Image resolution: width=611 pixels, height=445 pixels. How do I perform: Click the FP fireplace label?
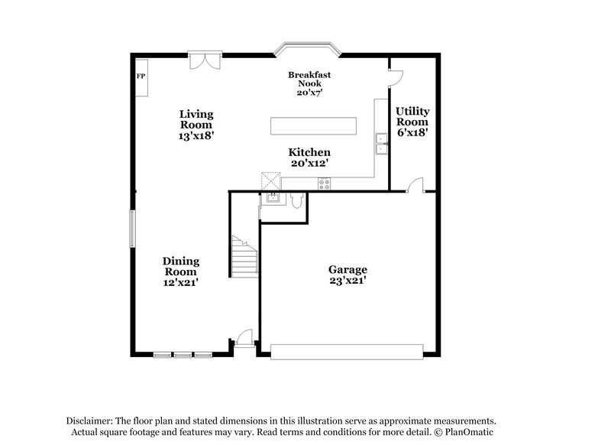[141, 76]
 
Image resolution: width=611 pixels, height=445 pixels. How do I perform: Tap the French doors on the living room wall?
[205, 60]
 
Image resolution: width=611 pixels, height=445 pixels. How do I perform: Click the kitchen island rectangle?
[313, 125]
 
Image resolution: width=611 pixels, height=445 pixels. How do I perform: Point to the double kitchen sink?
[381, 143]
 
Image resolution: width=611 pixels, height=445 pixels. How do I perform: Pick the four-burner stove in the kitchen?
[324, 183]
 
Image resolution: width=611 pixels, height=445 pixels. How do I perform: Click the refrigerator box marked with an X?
[270, 180]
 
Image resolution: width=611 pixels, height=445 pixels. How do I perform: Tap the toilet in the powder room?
[297, 200]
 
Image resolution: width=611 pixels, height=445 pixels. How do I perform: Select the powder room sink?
[270, 200]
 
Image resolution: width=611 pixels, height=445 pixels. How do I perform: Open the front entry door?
[244, 337]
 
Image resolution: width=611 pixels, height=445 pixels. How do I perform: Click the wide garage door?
[347, 351]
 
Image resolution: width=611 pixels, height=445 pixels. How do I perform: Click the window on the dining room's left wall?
[133, 229]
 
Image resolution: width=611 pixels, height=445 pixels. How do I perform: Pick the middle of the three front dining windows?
[183, 355]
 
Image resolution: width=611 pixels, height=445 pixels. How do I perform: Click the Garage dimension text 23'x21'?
[348, 281]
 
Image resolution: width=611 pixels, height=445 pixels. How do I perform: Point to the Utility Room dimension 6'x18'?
[412, 132]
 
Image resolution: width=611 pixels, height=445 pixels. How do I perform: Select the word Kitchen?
[309, 153]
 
